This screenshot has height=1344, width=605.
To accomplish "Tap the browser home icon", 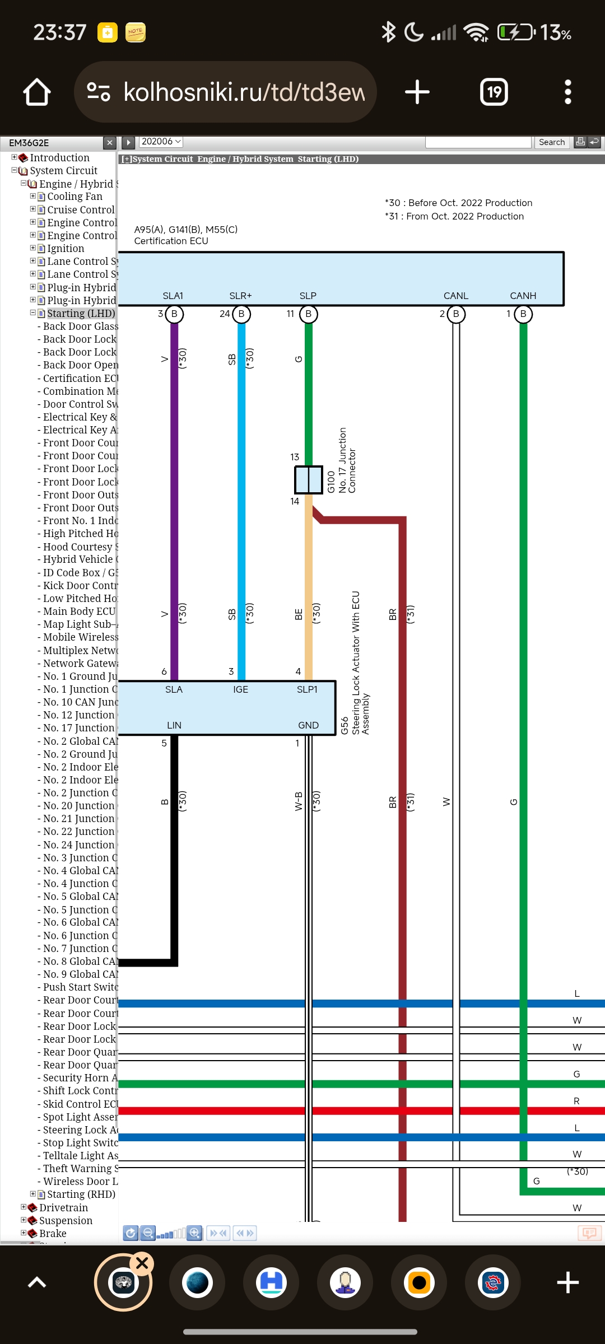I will click(37, 92).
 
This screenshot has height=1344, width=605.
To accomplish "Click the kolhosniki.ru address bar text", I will click(244, 92).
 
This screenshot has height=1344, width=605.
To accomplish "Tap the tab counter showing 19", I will click(494, 92).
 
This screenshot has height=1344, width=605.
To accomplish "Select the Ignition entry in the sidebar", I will click(66, 249).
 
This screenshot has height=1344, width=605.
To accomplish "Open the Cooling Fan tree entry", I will click(75, 197).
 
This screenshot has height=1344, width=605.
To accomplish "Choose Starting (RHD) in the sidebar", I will click(81, 1194).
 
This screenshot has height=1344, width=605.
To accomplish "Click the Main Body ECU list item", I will click(79, 612).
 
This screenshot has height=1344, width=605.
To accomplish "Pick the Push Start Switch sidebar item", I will click(80, 987).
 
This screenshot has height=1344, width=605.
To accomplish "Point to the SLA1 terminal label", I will click(173, 296).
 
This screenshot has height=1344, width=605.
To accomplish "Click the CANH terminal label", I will click(523, 296).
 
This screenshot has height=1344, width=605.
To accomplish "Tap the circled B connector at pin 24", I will click(241, 314).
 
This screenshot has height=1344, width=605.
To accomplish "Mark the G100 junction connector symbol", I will click(309, 480).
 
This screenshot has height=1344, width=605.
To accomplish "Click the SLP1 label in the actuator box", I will click(307, 689).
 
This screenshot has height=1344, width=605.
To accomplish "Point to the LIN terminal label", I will click(174, 725).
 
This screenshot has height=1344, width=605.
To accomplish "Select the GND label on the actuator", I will click(308, 725).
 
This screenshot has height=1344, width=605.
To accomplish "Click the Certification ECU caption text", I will click(171, 241).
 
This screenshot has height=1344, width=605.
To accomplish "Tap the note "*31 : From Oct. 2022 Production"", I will click(454, 216).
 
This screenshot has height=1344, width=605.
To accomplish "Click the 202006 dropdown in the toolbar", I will click(161, 142).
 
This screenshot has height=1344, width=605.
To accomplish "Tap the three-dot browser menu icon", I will click(567, 92).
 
